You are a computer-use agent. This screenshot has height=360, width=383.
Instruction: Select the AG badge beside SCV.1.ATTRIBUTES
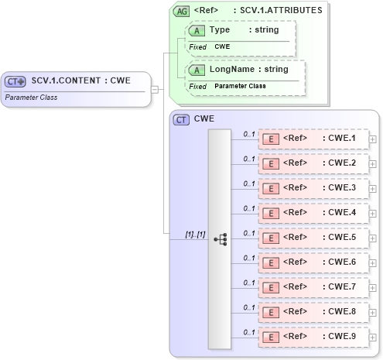(181, 11)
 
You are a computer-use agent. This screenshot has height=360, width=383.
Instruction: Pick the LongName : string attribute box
(245, 76)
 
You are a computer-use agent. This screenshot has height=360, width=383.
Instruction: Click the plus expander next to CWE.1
(374, 139)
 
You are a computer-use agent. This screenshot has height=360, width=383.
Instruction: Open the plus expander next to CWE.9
(374, 338)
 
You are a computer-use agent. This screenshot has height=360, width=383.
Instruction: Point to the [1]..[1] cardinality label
(195, 234)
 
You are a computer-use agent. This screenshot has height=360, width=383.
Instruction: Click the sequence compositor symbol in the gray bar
(221, 239)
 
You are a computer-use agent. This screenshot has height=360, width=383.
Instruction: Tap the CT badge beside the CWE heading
(181, 119)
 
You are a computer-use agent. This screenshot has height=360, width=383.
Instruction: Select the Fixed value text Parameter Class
(240, 86)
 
